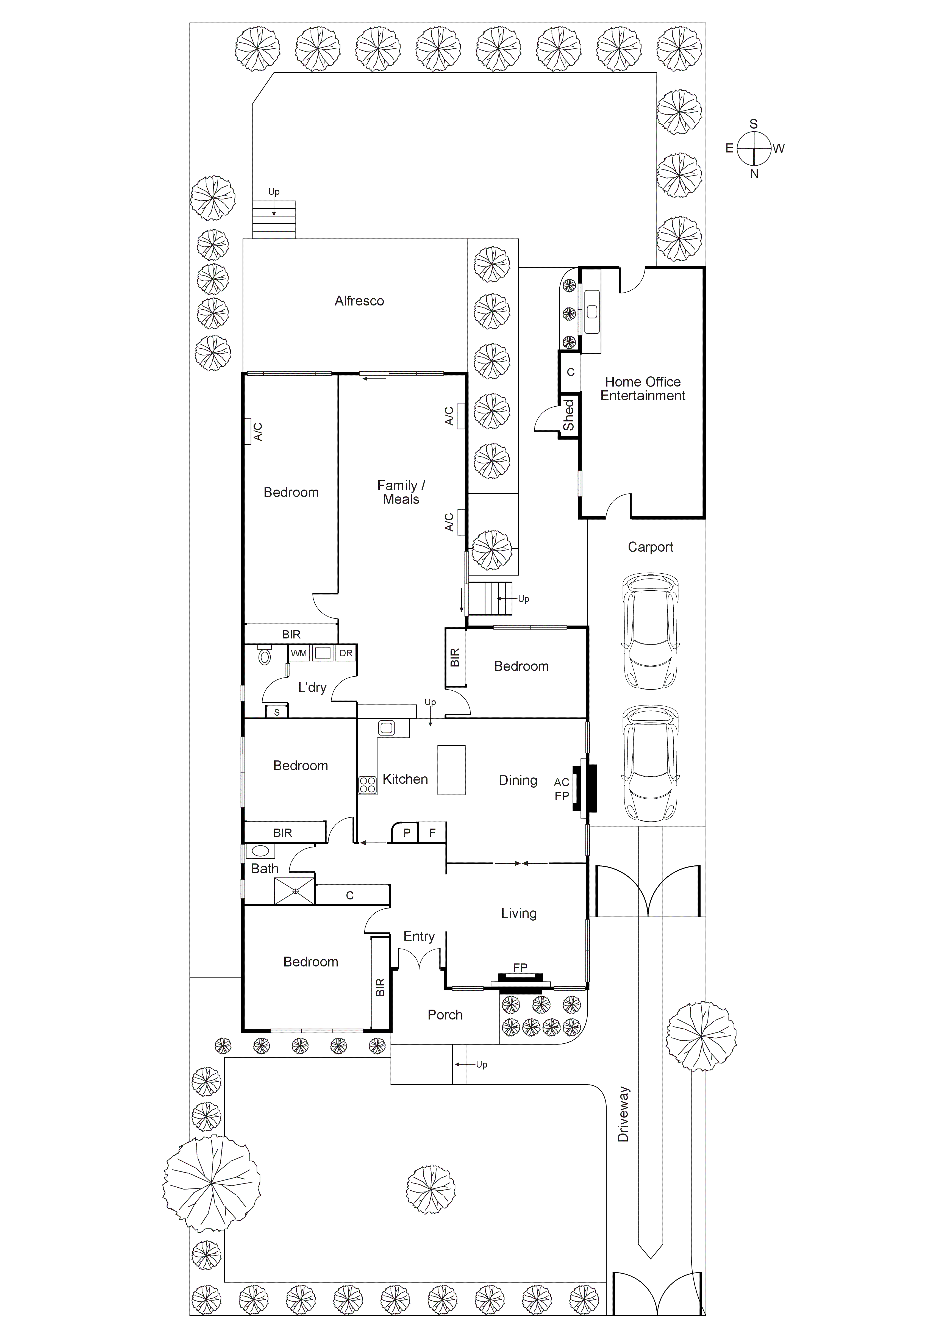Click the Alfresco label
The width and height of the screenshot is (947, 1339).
(359, 301)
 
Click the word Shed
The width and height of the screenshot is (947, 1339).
(568, 415)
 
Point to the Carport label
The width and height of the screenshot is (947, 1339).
(650, 547)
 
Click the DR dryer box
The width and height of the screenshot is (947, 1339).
(346, 653)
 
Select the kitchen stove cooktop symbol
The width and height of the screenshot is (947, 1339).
(367, 785)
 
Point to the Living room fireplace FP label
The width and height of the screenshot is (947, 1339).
(520, 968)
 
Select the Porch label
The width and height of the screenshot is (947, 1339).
(445, 1015)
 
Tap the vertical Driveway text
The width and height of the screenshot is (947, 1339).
(623, 1114)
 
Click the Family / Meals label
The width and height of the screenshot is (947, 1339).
(401, 492)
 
